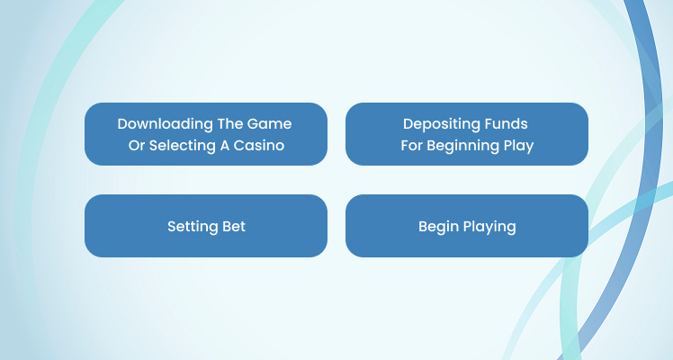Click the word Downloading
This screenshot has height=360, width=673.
tap(166, 124)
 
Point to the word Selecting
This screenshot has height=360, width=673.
tap(183, 146)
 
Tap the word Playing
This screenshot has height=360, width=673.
tap(487, 227)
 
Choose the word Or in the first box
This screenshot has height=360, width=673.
tap(137, 146)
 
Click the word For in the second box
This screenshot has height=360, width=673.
tap(411, 146)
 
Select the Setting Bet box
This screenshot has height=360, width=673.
tap(206, 226)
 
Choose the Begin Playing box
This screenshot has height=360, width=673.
tap(467, 226)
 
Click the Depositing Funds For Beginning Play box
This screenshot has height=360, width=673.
tap(467, 134)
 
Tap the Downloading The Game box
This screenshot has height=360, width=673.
tap(206, 134)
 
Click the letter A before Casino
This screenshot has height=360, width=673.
tap(225, 146)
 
